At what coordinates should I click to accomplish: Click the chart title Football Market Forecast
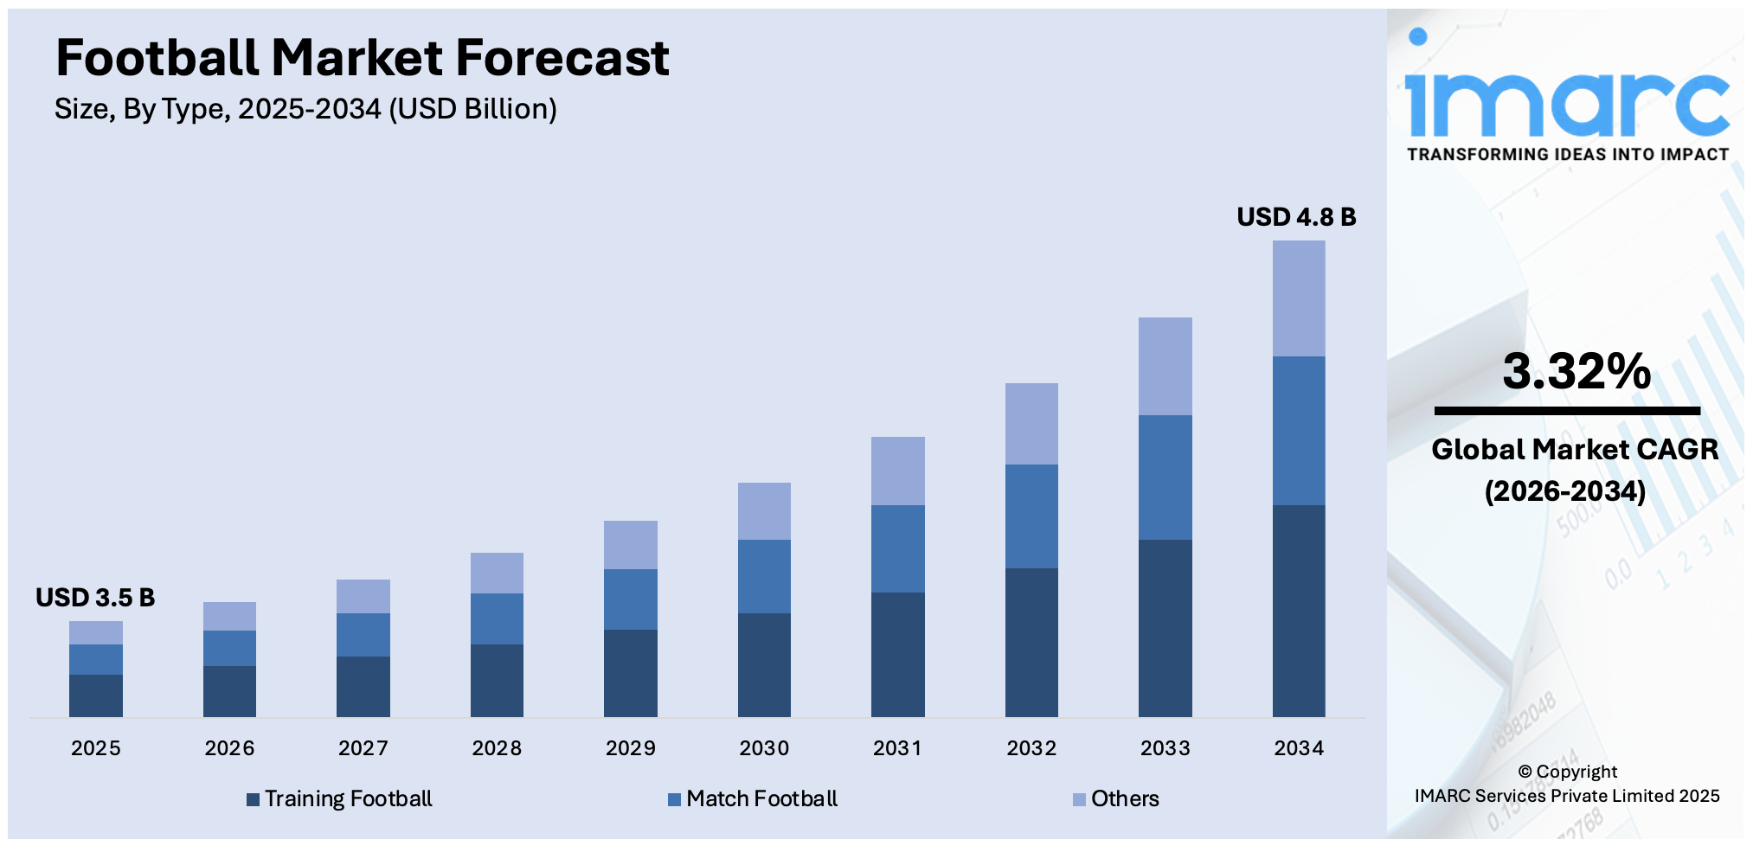point(362,58)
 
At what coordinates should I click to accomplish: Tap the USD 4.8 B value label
point(1296,217)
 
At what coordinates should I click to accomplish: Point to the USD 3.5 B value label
point(95,598)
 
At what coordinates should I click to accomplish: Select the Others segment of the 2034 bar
point(1299,298)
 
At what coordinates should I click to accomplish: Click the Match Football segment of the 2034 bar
point(1299,431)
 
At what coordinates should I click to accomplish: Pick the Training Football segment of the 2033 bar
point(1165,628)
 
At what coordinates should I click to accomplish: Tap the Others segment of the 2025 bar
point(95,632)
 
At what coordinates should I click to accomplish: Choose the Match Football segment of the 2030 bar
point(764,576)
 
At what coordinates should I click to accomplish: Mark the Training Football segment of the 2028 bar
point(497,680)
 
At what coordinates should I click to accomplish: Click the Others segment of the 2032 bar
point(1031,424)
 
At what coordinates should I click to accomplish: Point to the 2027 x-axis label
point(363,748)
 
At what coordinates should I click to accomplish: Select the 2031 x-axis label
point(897,748)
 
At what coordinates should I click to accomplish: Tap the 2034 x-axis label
point(1299,748)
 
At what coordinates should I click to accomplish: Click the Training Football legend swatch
point(253,800)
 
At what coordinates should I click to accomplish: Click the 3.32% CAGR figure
point(1576,371)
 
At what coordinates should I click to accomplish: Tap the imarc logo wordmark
point(1567,103)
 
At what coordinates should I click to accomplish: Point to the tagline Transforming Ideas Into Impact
point(1567,155)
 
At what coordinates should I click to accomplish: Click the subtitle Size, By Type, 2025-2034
point(305,110)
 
